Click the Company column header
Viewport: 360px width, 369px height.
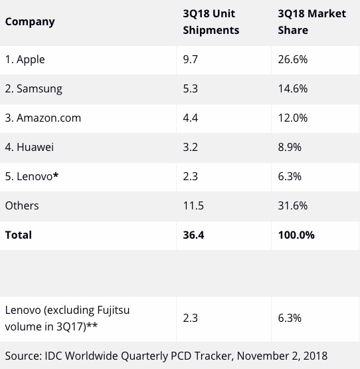pos(30,22)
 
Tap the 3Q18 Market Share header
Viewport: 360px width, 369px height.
pos(312,22)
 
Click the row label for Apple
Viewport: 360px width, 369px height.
pos(25,59)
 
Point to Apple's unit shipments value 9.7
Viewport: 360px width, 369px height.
pos(190,59)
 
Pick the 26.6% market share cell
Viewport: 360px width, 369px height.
pos(293,59)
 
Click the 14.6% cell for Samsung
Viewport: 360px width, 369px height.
pos(293,88)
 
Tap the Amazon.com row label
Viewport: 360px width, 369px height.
pos(43,118)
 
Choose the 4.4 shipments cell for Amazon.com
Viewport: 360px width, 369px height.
pos(190,118)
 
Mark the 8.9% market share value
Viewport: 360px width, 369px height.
pos(290,147)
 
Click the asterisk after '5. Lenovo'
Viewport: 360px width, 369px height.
pos(56,175)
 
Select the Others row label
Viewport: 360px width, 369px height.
pos(22,205)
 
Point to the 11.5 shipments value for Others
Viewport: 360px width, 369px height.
pos(193,205)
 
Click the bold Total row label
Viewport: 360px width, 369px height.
pos(19,235)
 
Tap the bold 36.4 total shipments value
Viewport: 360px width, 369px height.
pos(193,235)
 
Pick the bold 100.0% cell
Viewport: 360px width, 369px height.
pos(296,235)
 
